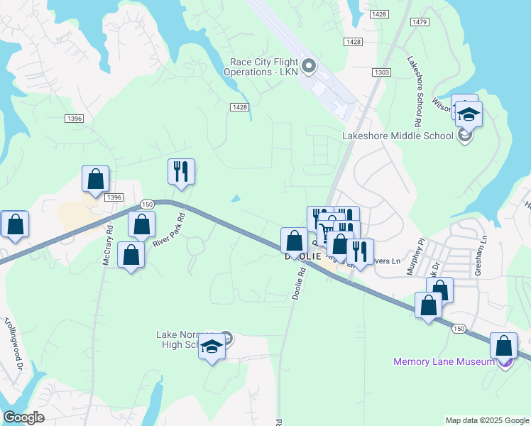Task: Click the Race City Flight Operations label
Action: pyautogui.click(x=260, y=67)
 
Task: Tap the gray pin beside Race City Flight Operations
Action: pyautogui.click(x=309, y=67)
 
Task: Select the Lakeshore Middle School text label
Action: pyautogui.click(x=398, y=136)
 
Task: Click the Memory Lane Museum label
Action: pyautogui.click(x=444, y=362)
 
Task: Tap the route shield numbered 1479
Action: pyautogui.click(x=420, y=22)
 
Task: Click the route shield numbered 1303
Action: pyautogui.click(x=382, y=72)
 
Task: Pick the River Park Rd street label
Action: pyautogui.click(x=168, y=230)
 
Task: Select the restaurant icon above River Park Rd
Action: pyautogui.click(x=181, y=171)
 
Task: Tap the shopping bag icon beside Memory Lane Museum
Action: pyautogui.click(x=503, y=346)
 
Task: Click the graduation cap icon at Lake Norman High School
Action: pyautogui.click(x=211, y=346)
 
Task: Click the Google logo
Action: pyautogui.click(x=23, y=417)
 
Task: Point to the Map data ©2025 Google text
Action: pyautogui.click(x=486, y=420)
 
